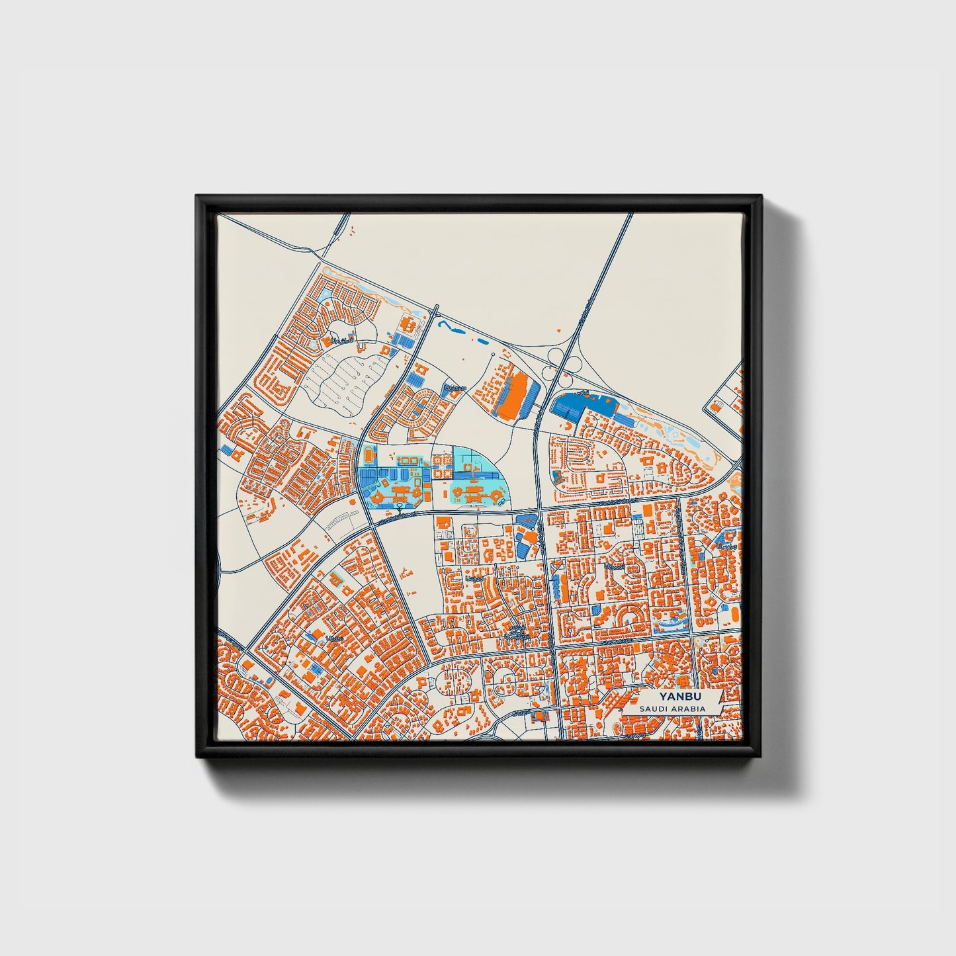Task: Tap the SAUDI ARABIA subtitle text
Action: coord(672,709)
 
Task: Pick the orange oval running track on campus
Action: coord(368,456)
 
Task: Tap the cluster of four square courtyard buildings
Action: coord(407,459)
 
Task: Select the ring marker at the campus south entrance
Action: coord(400,508)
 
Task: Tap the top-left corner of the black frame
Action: coord(197,196)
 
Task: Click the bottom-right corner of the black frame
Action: coord(762,761)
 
